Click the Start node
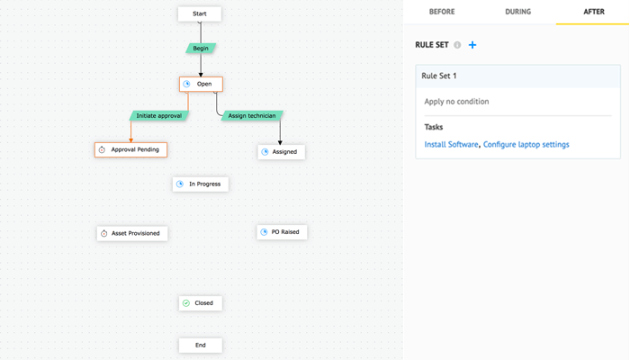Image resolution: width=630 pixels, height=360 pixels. [x=200, y=13]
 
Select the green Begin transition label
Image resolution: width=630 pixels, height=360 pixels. [x=200, y=47]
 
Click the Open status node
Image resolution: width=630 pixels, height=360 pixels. [x=201, y=84]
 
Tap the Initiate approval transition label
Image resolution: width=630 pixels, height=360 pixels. [x=157, y=116]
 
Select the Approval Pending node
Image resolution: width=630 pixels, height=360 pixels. [x=130, y=149]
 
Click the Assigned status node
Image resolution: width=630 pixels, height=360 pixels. [x=281, y=152]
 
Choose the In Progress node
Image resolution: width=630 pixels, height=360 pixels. [x=201, y=184]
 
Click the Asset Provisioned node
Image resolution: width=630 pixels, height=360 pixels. [x=132, y=233]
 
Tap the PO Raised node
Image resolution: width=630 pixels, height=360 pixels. [x=282, y=232]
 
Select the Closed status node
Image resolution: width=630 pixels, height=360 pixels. [x=200, y=303]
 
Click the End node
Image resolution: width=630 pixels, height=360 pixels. [x=200, y=345]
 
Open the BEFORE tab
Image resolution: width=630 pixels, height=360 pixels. [x=441, y=12]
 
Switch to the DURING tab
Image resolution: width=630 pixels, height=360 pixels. [x=517, y=12]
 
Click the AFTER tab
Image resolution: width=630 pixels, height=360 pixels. [x=593, y=12]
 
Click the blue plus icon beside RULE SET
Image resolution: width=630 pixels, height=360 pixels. [x=473, y=45]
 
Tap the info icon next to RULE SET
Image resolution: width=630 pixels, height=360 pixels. [x=457, y=45]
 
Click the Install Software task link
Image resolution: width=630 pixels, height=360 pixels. [x=451, y=144]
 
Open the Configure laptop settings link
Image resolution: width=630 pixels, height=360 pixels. [x=526, y=144]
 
